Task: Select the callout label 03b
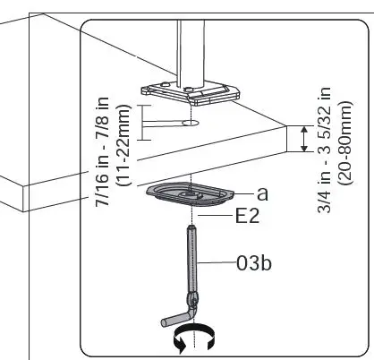tap(254, 265)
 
